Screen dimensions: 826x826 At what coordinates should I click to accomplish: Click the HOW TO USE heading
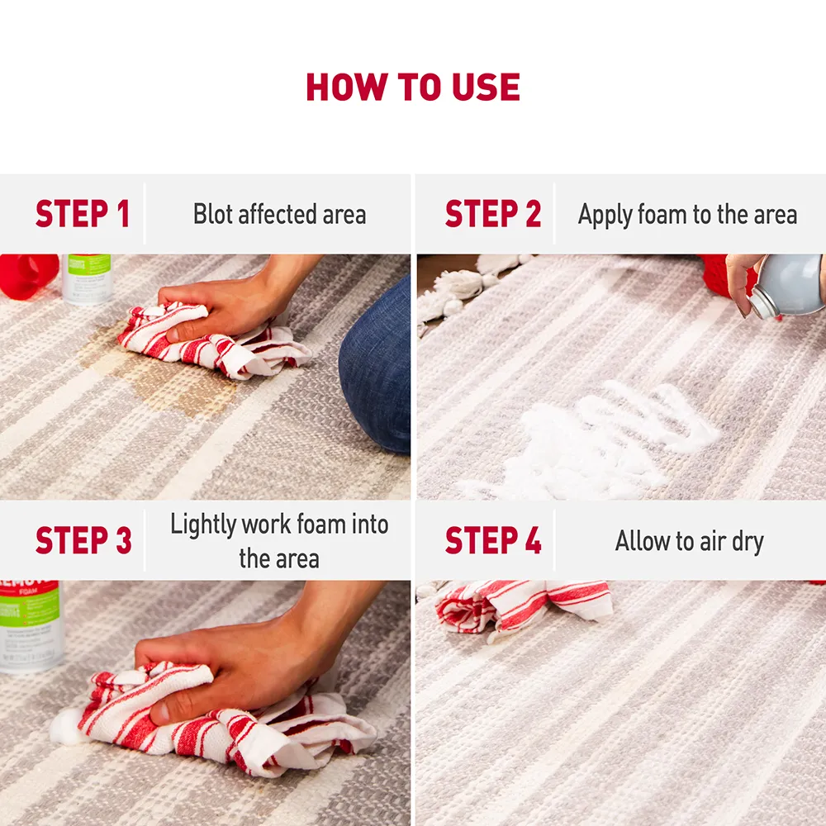coord(413,88)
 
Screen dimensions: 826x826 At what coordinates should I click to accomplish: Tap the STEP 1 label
coord(83,215)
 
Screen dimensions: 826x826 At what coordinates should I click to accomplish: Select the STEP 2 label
coord(492,215)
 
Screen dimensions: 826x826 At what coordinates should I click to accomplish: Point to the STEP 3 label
coord(83,541)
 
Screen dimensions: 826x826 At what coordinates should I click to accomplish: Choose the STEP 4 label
coord(492,541)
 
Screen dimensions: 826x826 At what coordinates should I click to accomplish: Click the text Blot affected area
coord(279,215)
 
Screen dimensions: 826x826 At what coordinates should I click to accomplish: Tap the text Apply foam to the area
coord(687,215)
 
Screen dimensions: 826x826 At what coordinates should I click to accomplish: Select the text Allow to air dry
coord(689,541)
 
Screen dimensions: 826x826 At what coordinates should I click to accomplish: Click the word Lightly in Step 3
coord(202,525)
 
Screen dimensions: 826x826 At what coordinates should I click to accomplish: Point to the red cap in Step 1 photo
coord(28,275)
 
